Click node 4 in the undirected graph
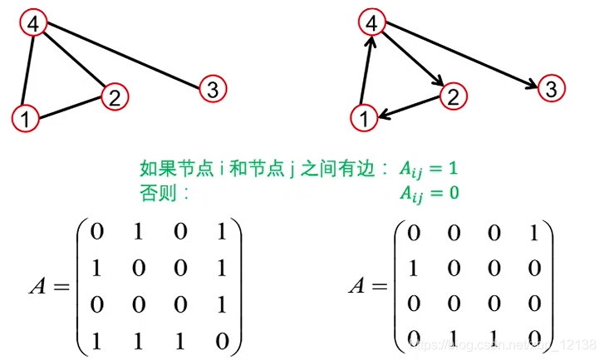(33, 24)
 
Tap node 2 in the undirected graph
(115, 96)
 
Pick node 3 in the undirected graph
(212, 87)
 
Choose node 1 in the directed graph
(363, 119)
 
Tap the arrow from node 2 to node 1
(408, 108)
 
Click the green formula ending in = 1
(428, 170)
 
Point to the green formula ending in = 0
(428, 194)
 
